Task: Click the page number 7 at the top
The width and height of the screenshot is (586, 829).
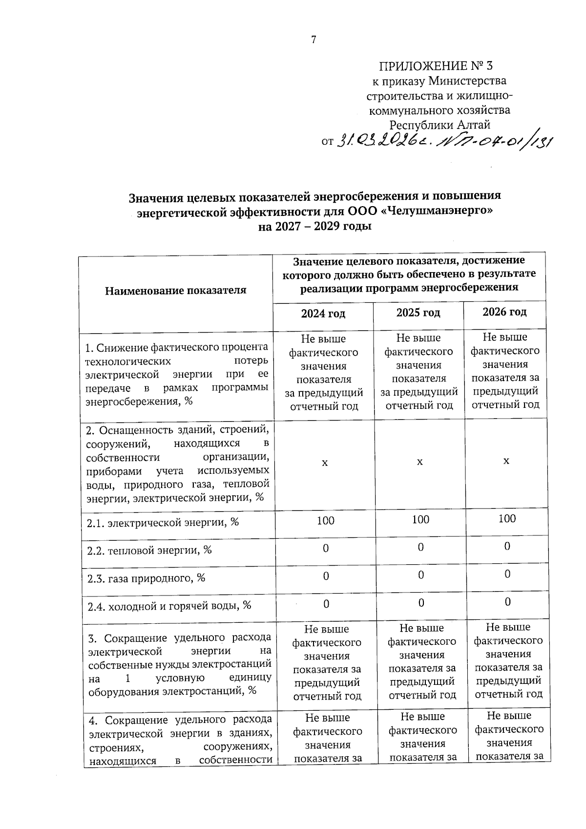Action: click(x=314, y=40)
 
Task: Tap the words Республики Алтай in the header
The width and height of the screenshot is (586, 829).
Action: click(x=439, y=125)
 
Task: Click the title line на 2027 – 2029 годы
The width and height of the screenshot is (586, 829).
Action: click(x=315, y=226)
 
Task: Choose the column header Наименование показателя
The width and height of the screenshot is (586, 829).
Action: click(x=175, y=291)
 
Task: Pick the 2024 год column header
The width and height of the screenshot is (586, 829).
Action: click(x=323, y=314)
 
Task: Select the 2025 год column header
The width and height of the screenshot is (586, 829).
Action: click(x=418, y=313)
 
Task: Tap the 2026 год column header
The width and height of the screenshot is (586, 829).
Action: click(x=504, y=312)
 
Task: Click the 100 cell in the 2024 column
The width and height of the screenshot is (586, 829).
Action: click(x=325, y=521)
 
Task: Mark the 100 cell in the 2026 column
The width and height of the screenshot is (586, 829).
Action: click(x=507, y=518)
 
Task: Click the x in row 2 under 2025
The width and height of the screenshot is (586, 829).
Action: click(x=419, y=462)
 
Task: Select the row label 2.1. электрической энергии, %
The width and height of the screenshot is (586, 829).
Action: click(x=163, y=523)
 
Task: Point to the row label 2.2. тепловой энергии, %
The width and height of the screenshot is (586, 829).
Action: click(x=149, y=551)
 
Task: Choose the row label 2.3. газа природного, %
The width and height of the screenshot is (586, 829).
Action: click(x=146, y=578)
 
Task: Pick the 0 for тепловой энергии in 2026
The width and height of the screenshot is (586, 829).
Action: click(x=507, y=546)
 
